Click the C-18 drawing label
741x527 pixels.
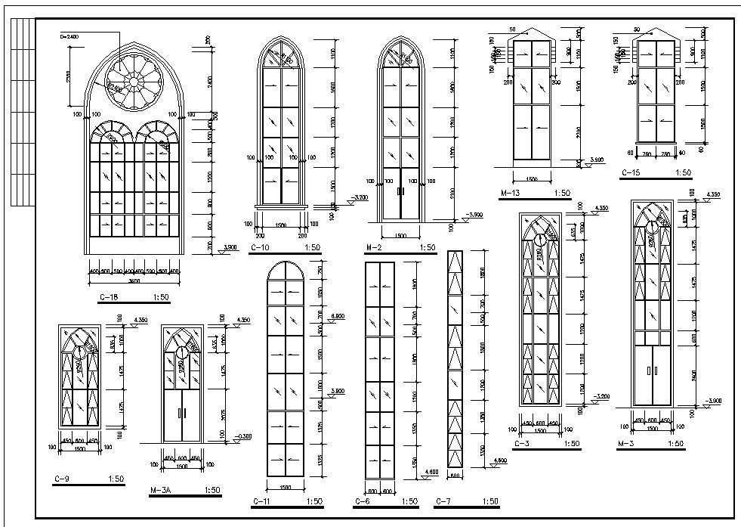(x=110, y=299)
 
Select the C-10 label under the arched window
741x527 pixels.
(x=260, y=247)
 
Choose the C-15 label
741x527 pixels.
(x=631, y=173)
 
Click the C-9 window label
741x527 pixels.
(x=63, y=479)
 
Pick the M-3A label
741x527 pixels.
(x=162, y=491)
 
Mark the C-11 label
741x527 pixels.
(x=261, y=501)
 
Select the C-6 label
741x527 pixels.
(x=361, y=501)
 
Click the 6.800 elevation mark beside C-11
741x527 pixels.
(x=338, y=315)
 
